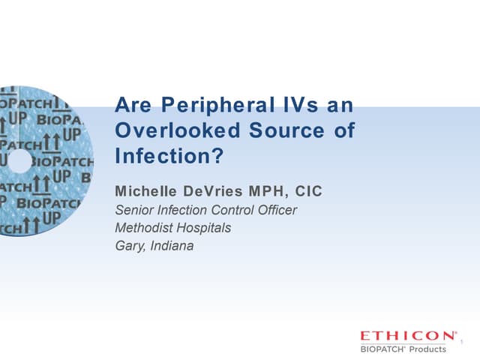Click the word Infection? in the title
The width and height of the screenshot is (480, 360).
point(169,158)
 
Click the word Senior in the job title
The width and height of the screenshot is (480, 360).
point(133,210)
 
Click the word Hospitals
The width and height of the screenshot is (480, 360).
point(204,227)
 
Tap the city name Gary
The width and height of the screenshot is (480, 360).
point(127,245)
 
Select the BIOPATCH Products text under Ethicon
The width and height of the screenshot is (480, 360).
point(403,348)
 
